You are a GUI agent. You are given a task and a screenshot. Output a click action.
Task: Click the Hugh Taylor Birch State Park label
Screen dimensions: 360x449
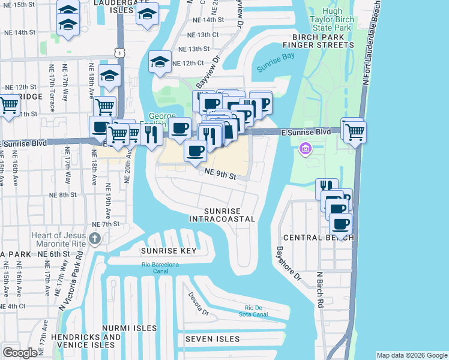[331, 20]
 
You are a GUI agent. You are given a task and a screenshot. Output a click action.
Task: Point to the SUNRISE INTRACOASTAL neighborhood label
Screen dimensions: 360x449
[229, 215]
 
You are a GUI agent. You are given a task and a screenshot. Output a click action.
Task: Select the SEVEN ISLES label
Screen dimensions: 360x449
[212, 339]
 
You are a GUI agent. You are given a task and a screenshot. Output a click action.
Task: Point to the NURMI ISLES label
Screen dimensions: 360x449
[128, 328]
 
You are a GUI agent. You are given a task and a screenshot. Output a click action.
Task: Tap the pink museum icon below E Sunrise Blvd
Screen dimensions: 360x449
[306, 148]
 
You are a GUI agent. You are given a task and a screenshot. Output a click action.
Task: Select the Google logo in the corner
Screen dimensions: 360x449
[20, 353]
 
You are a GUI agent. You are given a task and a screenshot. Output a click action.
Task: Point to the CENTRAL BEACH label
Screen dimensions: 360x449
[318, 238]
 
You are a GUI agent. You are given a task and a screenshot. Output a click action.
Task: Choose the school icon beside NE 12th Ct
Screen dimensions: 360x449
[160, 61]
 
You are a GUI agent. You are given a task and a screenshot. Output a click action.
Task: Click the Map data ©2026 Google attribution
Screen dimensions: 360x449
[411, 355]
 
